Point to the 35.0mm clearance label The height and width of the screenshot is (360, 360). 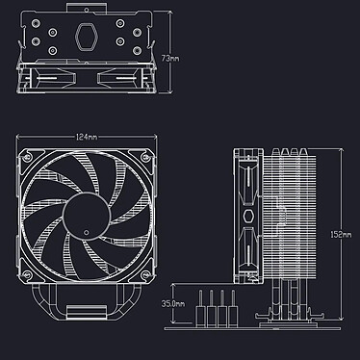point(173,303)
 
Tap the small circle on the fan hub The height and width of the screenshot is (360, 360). point(85,232)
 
